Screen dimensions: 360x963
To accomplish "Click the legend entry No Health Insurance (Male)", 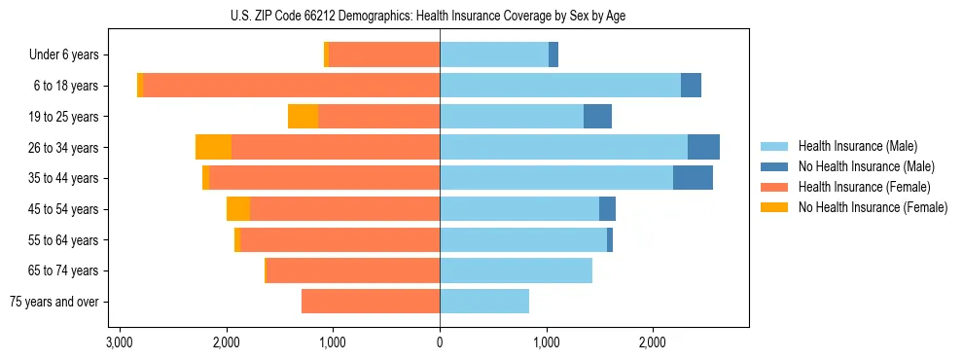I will [x=857, y=166].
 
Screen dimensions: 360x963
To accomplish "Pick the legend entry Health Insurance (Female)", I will [x=857, y=187].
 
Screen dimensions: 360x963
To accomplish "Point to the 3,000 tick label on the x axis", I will [x=120, y=342].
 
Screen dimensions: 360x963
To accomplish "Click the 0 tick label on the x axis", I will [x=440, y=342].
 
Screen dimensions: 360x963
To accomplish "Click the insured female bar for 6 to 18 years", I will [x=292, y=86].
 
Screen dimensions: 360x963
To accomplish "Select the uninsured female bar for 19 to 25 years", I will [x=303, y=117].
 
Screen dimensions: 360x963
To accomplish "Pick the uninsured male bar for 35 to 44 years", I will [x=693, y=178].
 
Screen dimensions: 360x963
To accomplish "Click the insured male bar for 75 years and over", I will [x=484, y=302].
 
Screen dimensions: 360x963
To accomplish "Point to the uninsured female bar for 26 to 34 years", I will [x=213, y=147].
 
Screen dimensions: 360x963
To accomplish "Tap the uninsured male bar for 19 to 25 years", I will [x=597, y=117].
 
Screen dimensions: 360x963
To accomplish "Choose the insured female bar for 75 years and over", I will [x=371, y=302].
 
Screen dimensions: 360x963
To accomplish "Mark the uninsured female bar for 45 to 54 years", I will [x=238, y=209].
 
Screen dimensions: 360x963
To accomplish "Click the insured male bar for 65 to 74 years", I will [x=516, y=270].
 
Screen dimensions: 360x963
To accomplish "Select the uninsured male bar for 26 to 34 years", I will [x=703, y=147].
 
